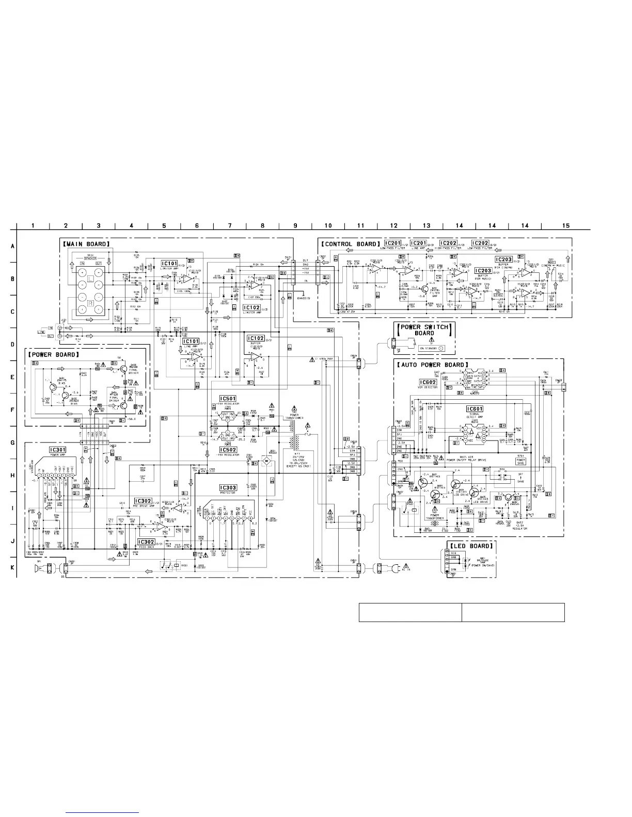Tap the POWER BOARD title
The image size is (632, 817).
pos(54,355)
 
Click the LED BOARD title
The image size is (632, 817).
pos(471,546)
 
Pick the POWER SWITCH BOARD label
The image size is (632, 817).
pos(425,330)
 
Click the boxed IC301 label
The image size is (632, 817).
pos(57,450)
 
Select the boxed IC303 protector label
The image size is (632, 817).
pos(228,487)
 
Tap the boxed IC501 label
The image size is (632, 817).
pos(228,399)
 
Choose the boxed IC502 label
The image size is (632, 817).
pos(228,450)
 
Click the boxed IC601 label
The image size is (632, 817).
pos(474,409)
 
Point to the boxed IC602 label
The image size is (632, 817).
pos(429,382)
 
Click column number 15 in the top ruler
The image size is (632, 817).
pos(566,225)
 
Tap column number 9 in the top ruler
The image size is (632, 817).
pos(295,225)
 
